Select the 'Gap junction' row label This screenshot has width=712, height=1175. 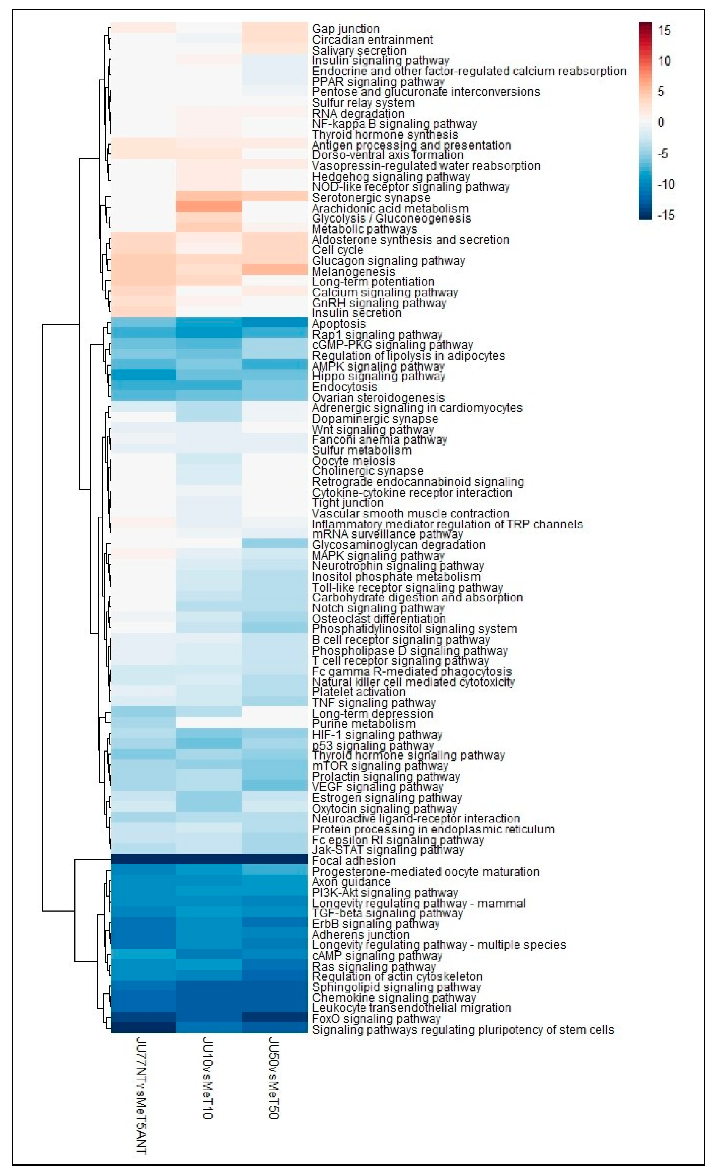[x=345, y=29]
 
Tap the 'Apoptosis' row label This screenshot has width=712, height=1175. [x=338, y=324]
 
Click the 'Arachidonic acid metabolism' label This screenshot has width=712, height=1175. [x=390, y=208]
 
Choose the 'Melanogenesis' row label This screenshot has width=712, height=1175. [x=353, y=271]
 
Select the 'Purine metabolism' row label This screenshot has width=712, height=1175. [x=364, y=724]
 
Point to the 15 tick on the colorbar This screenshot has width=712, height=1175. [x=664, y=31]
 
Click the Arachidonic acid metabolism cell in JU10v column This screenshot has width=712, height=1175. [x=209, y=207]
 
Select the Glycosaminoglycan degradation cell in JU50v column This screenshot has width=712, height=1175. [x=275, y=544]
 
